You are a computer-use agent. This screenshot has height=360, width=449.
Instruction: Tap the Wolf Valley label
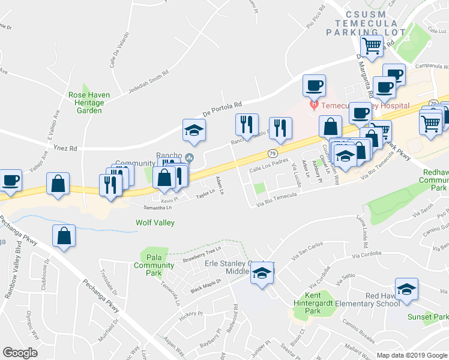(x=154, y=223)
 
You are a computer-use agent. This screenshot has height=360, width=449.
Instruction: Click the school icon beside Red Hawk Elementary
(x=406, y=289)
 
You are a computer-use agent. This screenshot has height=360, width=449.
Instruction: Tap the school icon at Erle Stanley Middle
(x=262, y=273)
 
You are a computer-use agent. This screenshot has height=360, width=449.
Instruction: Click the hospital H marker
(x=313, y=106)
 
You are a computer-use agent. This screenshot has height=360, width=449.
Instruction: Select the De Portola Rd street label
(x=221, y=108)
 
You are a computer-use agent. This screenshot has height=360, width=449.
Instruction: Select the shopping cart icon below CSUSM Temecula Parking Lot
(x=372, y=46)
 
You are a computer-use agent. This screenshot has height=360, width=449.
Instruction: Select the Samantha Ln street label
(x=157, y=208)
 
